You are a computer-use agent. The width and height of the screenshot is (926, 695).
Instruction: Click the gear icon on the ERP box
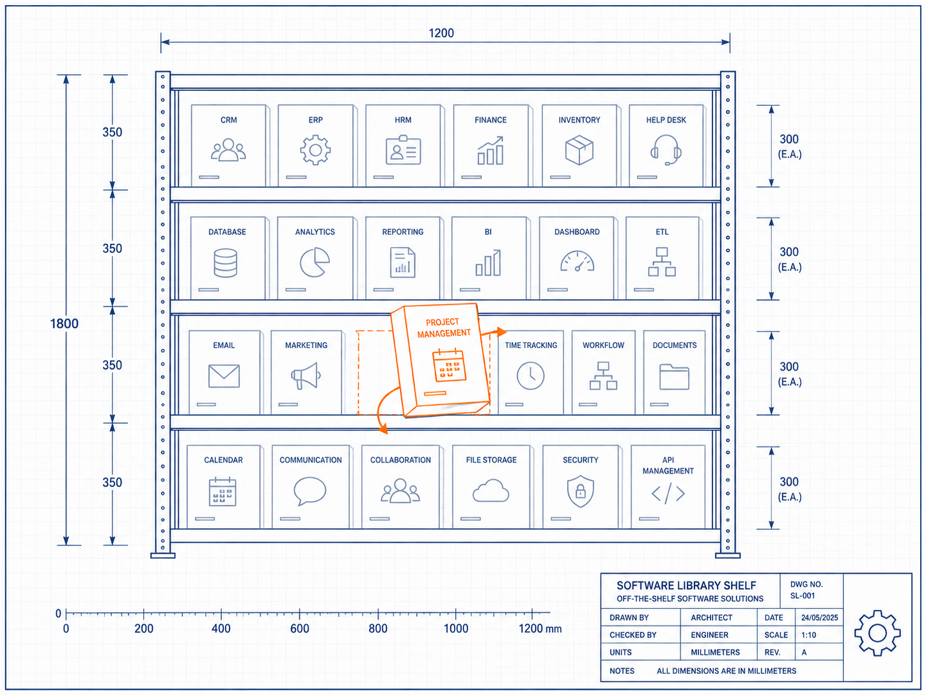point(315,150)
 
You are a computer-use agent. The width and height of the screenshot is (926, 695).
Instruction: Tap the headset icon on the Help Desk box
point(666,150)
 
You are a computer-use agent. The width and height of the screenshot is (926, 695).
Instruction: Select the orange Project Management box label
point(443,328)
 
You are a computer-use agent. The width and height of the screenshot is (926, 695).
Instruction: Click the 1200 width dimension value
point(441,33)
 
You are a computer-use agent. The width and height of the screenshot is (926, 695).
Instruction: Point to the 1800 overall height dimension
point(64,324)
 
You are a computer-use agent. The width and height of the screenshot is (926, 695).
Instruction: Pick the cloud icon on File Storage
point(490,491)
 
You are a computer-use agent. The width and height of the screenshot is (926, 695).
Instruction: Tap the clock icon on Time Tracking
point(530,376)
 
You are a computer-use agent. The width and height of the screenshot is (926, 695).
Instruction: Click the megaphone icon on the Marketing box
point(306,376)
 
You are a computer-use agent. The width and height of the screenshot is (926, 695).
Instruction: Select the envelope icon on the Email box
point(224,376)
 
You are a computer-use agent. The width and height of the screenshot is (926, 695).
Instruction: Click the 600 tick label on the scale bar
point(299,628)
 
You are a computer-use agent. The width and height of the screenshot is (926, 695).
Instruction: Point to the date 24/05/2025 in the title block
point(820,618)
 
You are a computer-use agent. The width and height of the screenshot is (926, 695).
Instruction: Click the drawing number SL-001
point(803,596)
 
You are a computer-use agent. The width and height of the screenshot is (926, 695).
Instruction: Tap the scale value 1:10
point(809,635)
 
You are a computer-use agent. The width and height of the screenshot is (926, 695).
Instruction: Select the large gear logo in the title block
point(877,633)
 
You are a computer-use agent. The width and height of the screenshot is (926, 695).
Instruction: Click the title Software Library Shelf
point(686,586)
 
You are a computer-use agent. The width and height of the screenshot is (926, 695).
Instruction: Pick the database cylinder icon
point(225,263)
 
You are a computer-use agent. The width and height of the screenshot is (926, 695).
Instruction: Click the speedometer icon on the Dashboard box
point(577,261)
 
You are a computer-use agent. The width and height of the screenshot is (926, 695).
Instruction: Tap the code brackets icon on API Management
point(668,493)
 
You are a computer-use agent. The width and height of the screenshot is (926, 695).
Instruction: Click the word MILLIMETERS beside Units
point(715,652)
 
